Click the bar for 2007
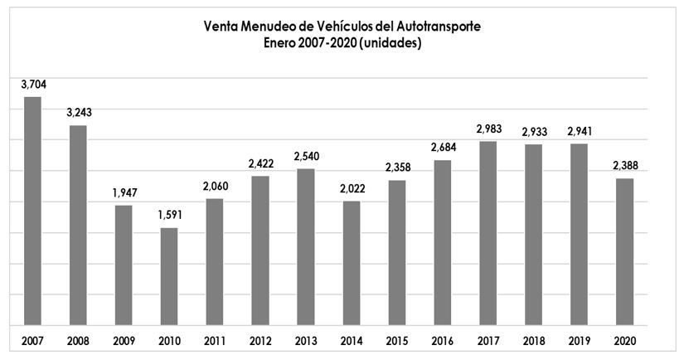pos(32,211)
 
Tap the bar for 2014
pos(352,263)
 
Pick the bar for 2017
pos(488,233)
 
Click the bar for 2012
pos(260,251)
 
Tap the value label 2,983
pos(488,129)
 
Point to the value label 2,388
pos(624,166)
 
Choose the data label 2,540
pos(306,156)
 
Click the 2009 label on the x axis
pos(124,339)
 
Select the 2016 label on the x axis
pos(442,339)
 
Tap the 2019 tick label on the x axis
pos(579,339)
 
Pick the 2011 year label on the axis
pos(215,339)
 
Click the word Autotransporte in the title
pos(439,27)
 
